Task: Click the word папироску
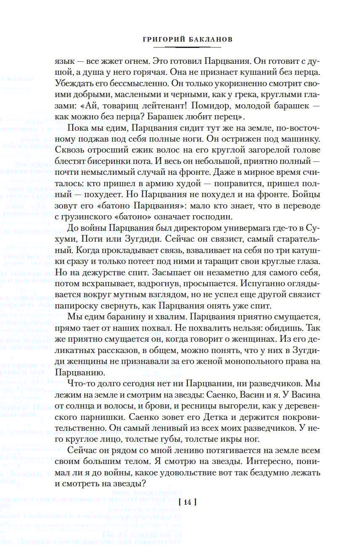[75, 305]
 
